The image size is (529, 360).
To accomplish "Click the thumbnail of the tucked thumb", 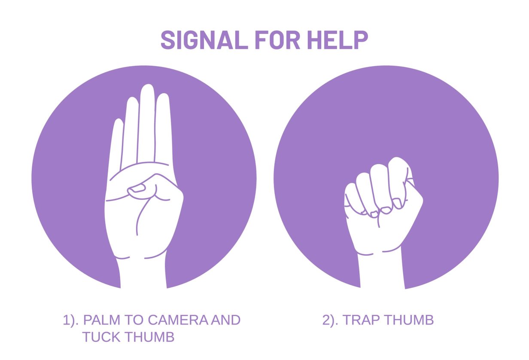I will [x=137, y=188].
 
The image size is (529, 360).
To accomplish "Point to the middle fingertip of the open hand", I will [x=147, y=91].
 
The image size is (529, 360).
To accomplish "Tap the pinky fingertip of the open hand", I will [x=117, y=125].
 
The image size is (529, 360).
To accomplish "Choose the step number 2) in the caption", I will [x=330, y=320].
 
